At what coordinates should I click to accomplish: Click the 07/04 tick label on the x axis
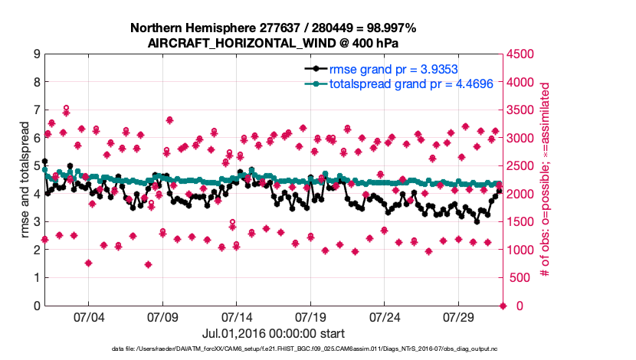click(88, 316)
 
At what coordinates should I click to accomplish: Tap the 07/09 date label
click(163, 316)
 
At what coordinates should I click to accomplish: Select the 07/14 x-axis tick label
click(238, 316)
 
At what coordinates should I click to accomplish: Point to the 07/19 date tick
click(312, 316)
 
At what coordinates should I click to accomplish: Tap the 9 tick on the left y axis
click(36, 54)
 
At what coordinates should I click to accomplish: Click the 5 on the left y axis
click(36, 166)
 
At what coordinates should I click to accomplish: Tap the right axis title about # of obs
click(546, 180)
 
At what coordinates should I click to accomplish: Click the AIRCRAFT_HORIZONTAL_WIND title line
click(273, 43)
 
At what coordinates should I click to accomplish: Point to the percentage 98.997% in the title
click(388, 28)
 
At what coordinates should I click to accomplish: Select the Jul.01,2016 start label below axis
click(273, 333)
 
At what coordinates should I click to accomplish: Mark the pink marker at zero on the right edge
click(503, 306)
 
